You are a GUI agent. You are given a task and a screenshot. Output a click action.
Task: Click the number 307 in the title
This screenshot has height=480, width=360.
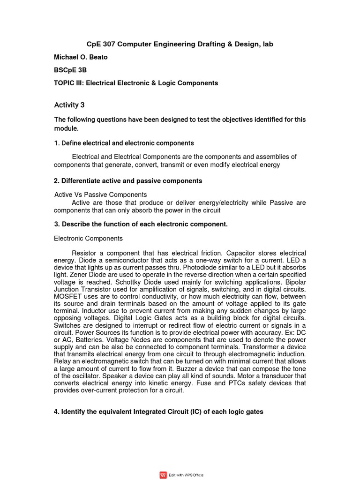coord(109,44)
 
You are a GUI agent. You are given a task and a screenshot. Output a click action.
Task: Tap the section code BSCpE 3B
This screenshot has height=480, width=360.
coord(70,70)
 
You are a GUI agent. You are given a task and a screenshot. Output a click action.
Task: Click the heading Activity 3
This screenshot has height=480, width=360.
coord(69,105)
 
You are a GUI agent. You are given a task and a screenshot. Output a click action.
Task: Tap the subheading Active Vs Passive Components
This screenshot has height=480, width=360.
coord(101,195)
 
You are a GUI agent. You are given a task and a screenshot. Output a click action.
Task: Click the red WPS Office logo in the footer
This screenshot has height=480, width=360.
coord(163,475)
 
